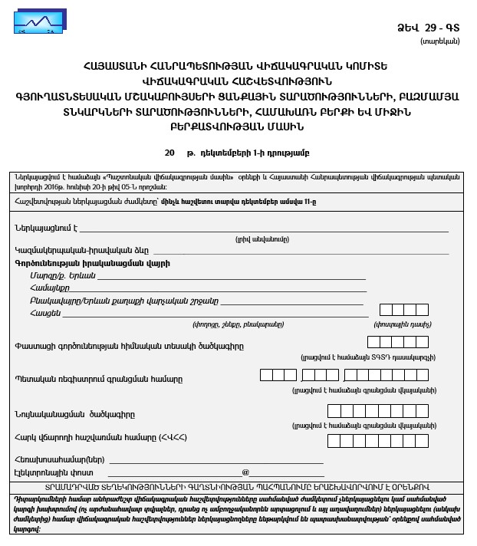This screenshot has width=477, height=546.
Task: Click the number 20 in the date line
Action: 169,155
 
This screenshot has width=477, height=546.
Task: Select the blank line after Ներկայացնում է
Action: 265,229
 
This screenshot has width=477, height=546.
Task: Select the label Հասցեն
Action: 45,313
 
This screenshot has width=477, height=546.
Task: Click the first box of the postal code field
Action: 387,310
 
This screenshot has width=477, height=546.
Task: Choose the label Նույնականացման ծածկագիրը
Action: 75,414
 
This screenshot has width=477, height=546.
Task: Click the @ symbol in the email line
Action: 246,472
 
